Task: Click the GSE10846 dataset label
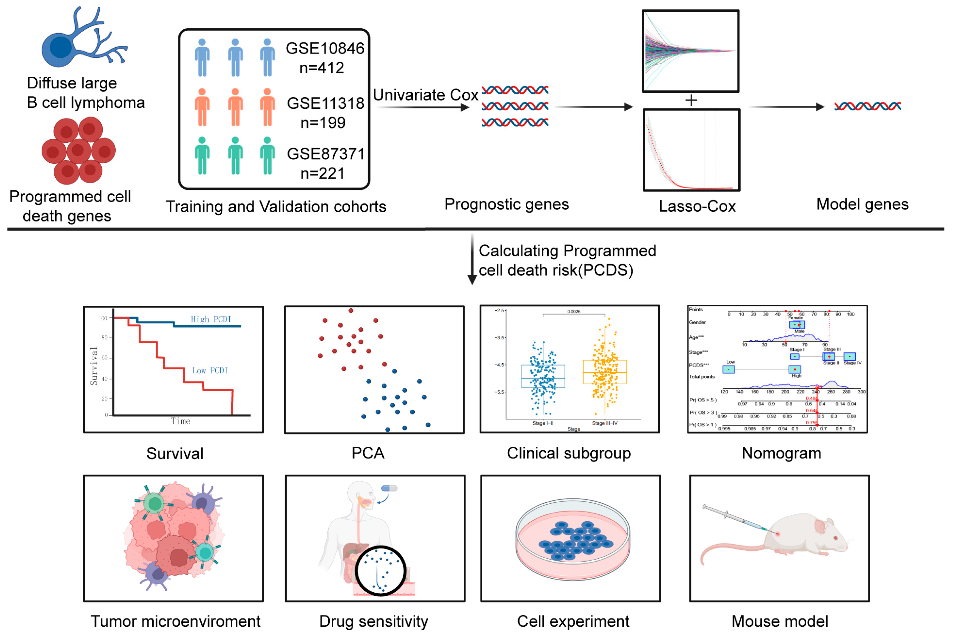point(325,48)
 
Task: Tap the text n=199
point(323,123)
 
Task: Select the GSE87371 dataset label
point(326,154)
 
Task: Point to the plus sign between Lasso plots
point(691,100)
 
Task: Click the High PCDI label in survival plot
point(211,320)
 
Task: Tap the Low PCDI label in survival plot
point(210,371)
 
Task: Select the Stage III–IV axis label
point(604,423)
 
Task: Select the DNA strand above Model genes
point(867,106)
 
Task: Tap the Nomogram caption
point(781,453)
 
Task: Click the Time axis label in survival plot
point(180,421)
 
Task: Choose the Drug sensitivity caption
point(373,621)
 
